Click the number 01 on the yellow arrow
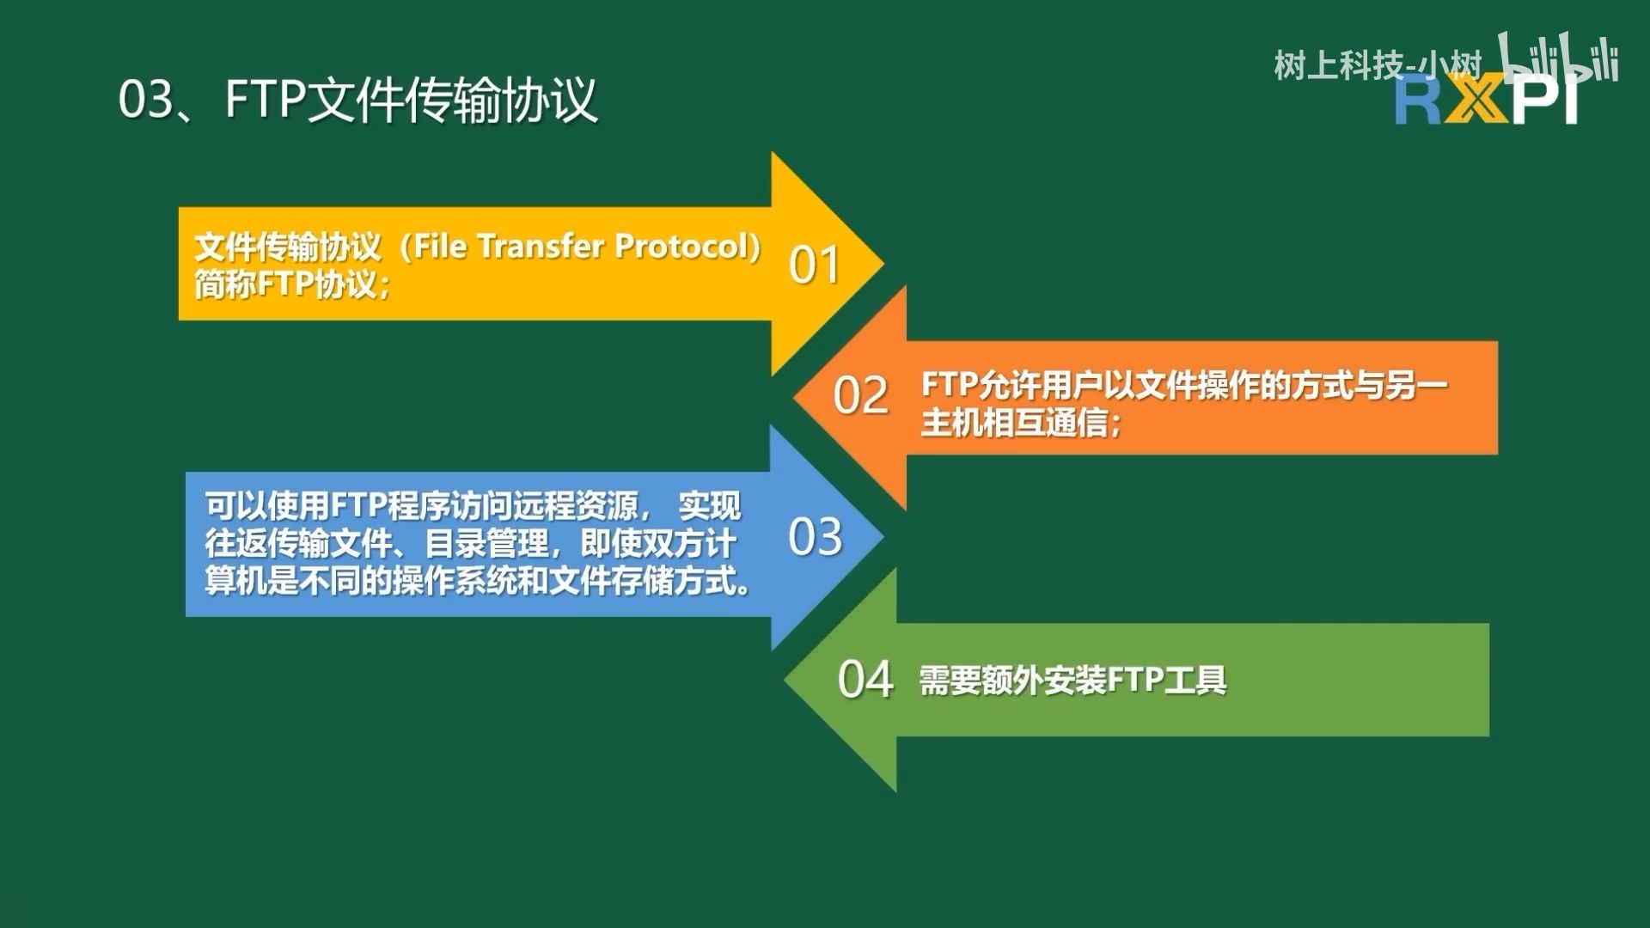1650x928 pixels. pyautogui.click(x=814, y=265)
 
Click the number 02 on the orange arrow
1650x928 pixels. pyautogui.click(x=860, y=396)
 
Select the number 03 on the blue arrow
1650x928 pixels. pyautogui.click(x=815, y=536)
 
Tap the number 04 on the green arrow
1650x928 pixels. pyautogui.click(x=865, y=680)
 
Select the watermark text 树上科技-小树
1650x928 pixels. pyautogui.click(x=1378, y=65)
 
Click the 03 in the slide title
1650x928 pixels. pyautogui.click(x=145, y=99)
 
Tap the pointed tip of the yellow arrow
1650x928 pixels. pyautogui.click(x=883, y=264)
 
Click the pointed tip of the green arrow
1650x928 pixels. pyautogui.click(x=785, y=680)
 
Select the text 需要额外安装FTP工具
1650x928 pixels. pyautogui.click(x=1072, y=681)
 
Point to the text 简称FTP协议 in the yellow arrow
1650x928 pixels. pyautogui.click(x=285, y=284)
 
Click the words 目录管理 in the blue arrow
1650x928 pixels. pyautogui.click(x=486, y=544)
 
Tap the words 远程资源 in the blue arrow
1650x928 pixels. pyautogui.click(x=576, y=506)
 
